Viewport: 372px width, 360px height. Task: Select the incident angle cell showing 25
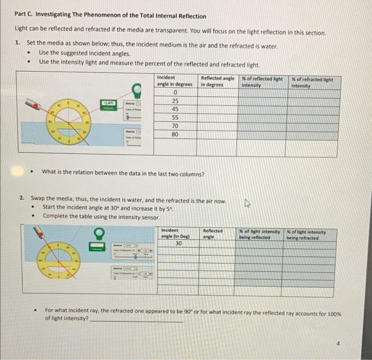click(175, 101)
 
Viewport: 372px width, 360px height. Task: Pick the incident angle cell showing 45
click(175, 109)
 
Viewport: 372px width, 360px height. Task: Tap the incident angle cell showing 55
click(175, 118)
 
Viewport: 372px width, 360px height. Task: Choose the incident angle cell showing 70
click(175, 126)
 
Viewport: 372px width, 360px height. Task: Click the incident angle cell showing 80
click(175, 135)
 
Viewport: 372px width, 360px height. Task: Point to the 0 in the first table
click(175, 92)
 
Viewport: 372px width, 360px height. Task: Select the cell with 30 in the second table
click(179, 243)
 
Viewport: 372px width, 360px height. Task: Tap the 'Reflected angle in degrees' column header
click(217, 81)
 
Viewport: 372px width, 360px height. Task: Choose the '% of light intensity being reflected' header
click(259, 234)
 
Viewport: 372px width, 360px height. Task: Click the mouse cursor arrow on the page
click(246, 203)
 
